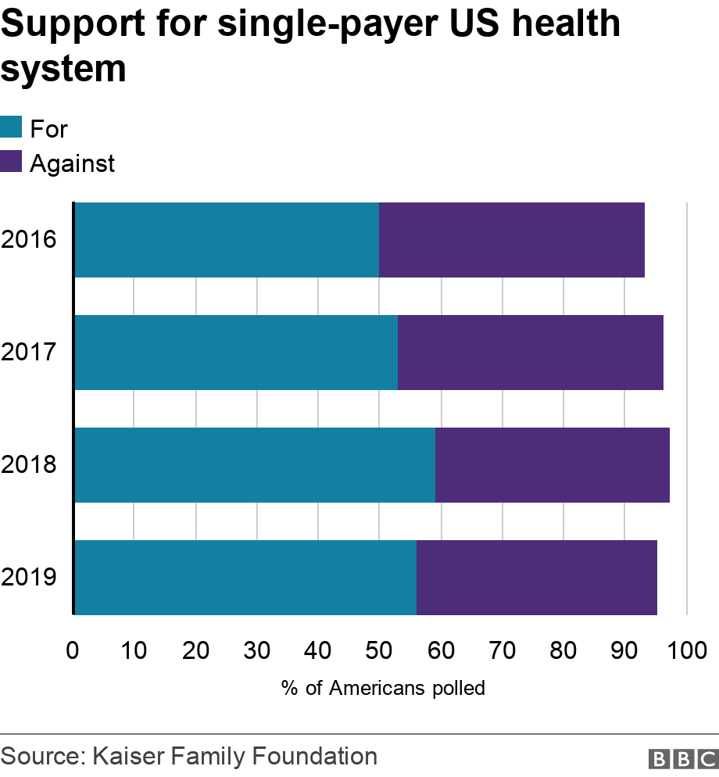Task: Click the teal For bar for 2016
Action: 227,240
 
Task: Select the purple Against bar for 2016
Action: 512,240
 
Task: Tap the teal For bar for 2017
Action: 236,353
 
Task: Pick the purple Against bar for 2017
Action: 531,353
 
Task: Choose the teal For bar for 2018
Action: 255,465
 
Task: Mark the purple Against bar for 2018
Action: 553,465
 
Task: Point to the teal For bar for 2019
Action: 245,578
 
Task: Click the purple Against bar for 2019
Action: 537,578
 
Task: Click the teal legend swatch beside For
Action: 11,127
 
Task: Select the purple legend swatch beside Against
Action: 11,162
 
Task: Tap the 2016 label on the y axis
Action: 29,240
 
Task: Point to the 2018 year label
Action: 29,465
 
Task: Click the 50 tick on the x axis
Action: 379,650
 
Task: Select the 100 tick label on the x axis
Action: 685,650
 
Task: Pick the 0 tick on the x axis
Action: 73,650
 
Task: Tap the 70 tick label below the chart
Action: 502,650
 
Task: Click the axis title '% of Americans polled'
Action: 384,689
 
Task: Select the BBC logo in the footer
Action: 682,757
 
